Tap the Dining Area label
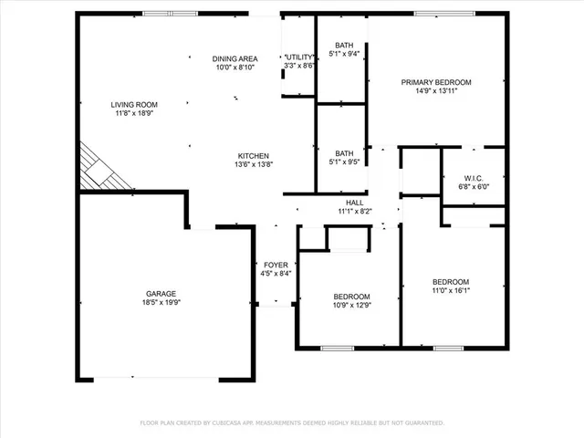coord(235,57)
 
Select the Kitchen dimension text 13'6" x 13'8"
coord(253,165)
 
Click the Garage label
coord(160,294)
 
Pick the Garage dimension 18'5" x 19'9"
coord(160,304)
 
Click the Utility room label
coord(299,57)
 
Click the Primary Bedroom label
coord(435,82)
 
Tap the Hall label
coord(355,203)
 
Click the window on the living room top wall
coord(170,13)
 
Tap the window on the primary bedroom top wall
coord(437,13)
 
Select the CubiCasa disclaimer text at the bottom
coord(292,422)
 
